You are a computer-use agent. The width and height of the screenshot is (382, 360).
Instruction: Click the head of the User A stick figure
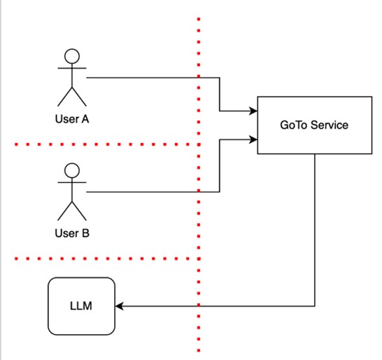71,56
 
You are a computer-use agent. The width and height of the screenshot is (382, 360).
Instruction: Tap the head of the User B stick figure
71,170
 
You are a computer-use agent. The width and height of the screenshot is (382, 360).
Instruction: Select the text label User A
71,119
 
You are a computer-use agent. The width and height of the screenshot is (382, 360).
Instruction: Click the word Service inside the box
329,125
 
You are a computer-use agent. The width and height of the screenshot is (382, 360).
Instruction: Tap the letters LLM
81,307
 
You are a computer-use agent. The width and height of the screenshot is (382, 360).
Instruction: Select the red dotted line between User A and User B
105,145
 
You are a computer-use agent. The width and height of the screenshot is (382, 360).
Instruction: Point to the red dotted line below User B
105,259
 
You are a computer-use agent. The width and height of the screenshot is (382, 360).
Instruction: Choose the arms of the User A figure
71,69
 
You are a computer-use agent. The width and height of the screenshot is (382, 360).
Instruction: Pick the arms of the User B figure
71,184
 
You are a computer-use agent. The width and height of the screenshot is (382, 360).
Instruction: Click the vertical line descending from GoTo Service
315,231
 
